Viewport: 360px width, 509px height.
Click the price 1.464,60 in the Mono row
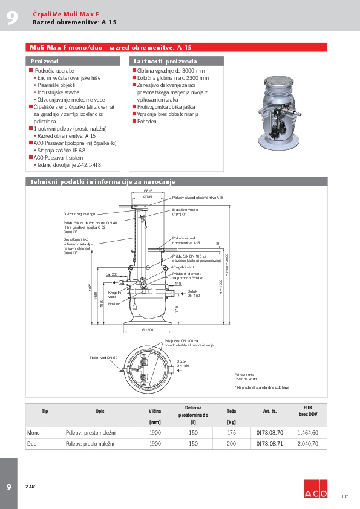pyautogui.click(x=307, y=433)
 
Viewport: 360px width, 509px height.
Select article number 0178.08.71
pyautogui.click(x=270, y=443)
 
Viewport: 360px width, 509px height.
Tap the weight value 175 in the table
pyautogui.click(x=231, y=433)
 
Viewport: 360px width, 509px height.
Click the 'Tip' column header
pyautogui.click(x=45, y=411)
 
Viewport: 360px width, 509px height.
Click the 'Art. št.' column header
pyautogui.click(x=270, y=411)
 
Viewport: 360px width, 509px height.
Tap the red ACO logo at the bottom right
pyautogui.click(x=315, y=488)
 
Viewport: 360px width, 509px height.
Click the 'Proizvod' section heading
pyautogui.click(x=45, y=61)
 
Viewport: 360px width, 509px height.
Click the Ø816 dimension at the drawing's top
pyautogui.click(x=148, y=191)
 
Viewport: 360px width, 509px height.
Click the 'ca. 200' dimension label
pyautogui.click(x=111, y=274)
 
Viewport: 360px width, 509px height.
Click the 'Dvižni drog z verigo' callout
pyautogui.click(x=79, y=214)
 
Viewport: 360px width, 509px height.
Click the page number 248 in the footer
pyautogui.click(x=30, y=487)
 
